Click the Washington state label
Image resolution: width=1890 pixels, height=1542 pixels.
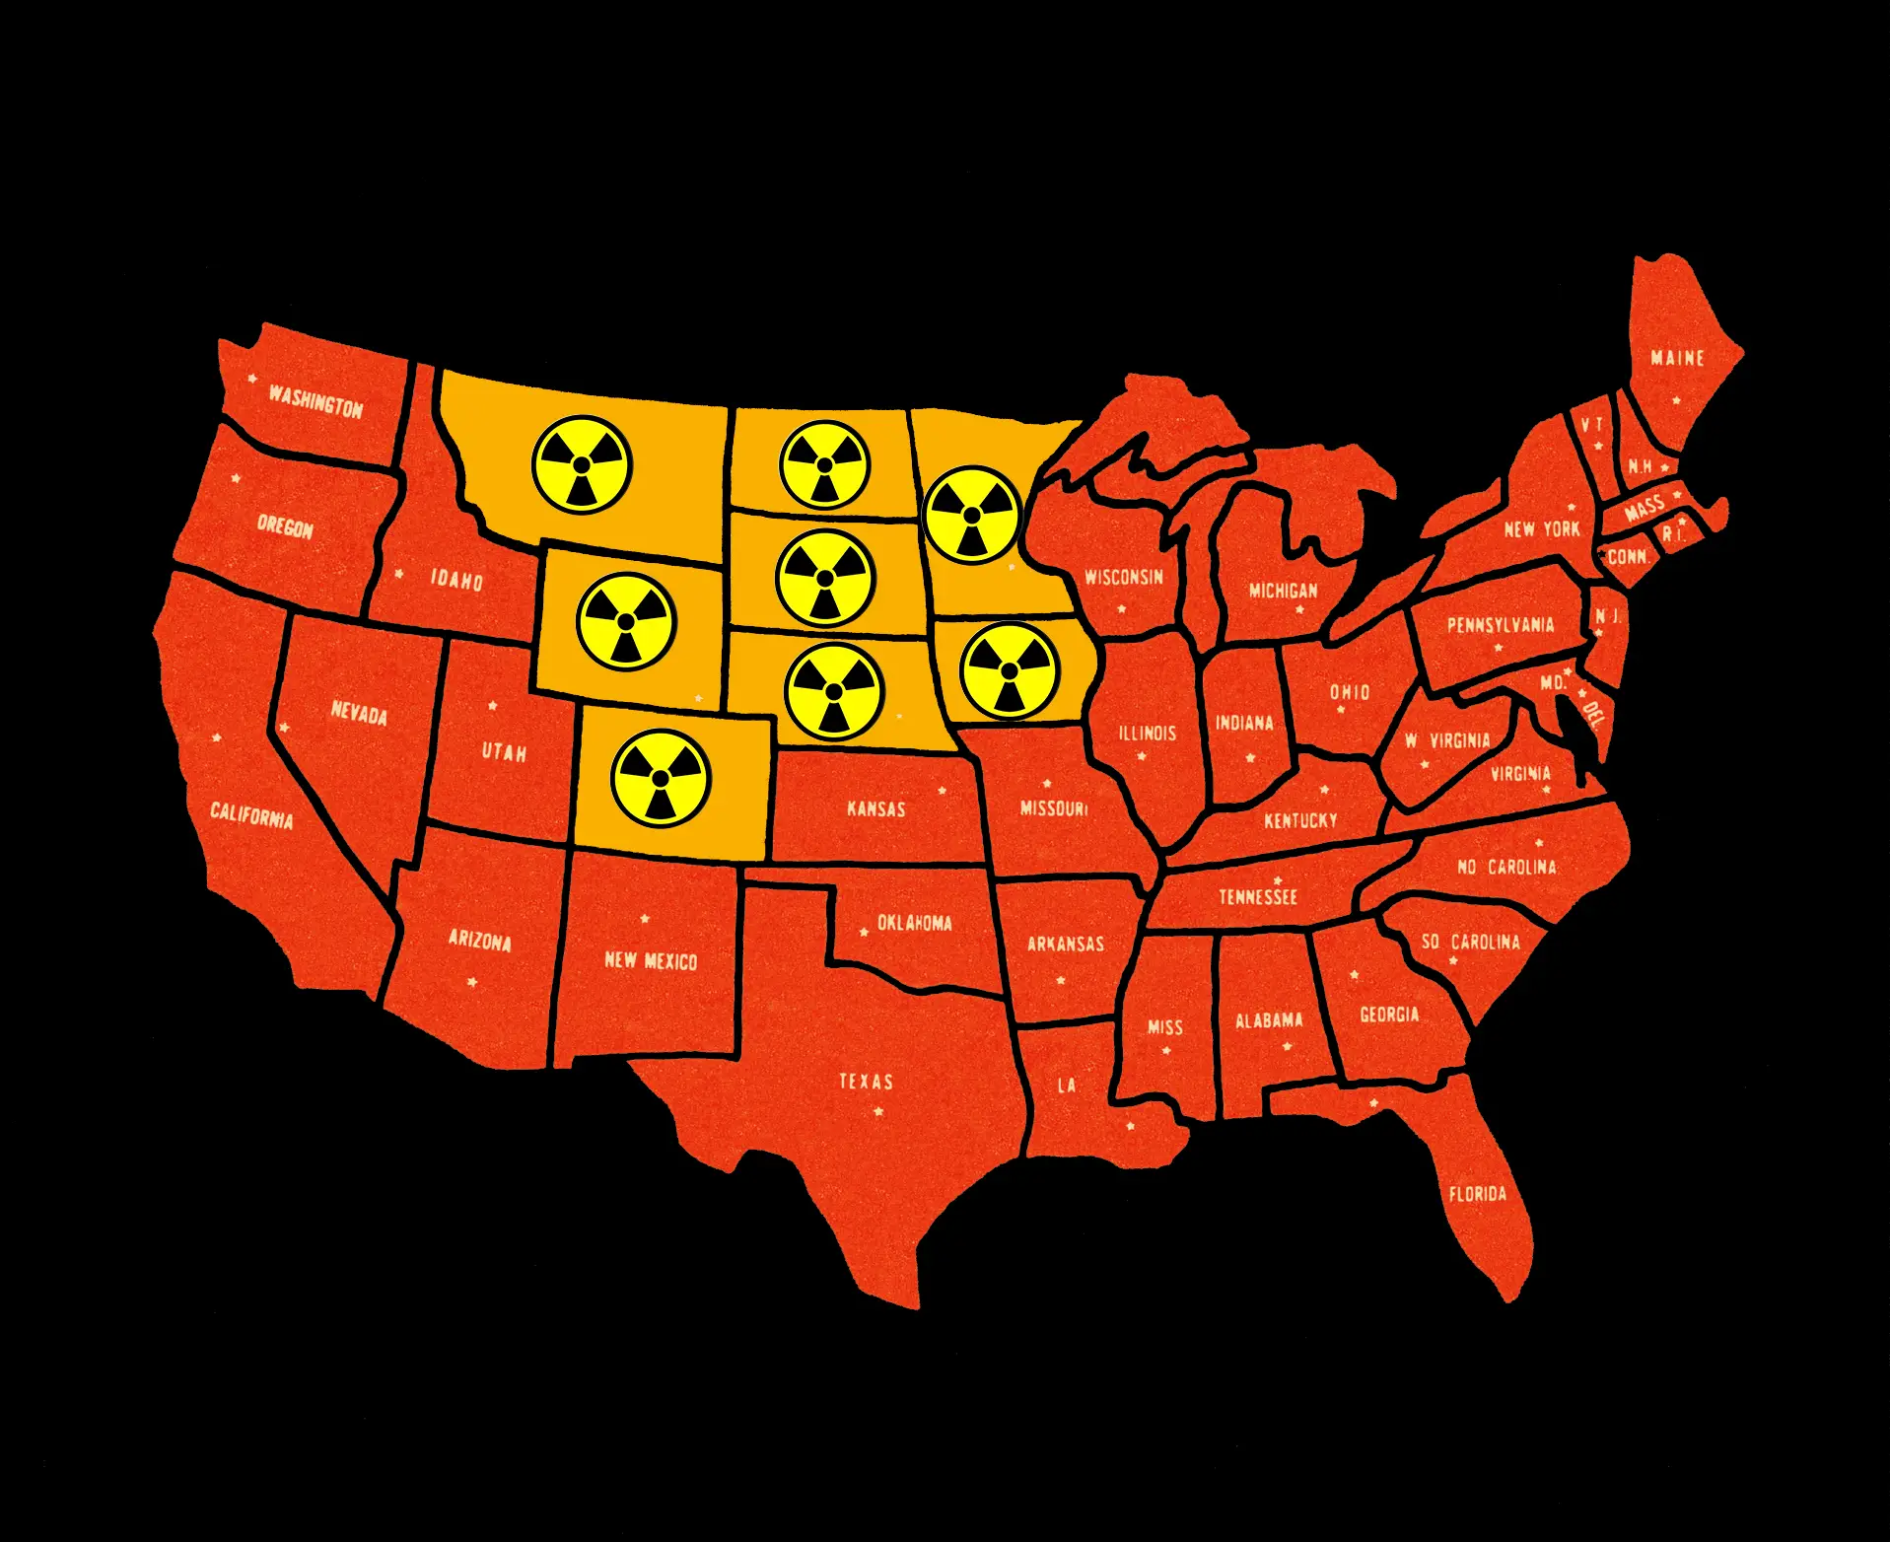click(315, 401)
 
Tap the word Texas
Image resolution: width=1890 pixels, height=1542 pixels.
click(866, 1082)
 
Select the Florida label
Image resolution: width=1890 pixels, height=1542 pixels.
click(1477, 1194)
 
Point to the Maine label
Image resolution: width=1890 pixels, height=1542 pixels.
click(1677, 358)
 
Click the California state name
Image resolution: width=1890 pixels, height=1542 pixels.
click(251, 815)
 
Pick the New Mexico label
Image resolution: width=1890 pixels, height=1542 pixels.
click(651, 960)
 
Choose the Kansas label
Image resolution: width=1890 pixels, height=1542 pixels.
click(875, 809)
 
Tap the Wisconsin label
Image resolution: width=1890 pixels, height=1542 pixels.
click(1124, 577)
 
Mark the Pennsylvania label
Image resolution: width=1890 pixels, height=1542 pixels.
click(1500, 625)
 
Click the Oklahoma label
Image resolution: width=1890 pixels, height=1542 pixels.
click(914, 924)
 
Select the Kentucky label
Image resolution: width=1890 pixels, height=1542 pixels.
click(1300, 820)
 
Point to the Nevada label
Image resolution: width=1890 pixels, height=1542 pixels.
click(359, 713)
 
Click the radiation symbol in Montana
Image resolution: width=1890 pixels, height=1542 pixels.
click(582, 464)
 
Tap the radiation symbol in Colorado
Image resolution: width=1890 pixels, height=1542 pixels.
click(661, 778)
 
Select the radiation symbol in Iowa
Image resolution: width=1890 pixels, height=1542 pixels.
click(1009, 670)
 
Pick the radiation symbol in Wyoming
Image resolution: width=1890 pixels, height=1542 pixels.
click(625, 621)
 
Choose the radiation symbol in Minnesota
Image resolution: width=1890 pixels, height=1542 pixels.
click(972, 515)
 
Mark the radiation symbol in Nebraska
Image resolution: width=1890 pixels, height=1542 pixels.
click(834, 690)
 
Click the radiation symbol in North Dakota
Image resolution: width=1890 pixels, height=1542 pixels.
click(824, 464)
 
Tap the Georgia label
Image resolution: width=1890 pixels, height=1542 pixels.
click(1389, 1015)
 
